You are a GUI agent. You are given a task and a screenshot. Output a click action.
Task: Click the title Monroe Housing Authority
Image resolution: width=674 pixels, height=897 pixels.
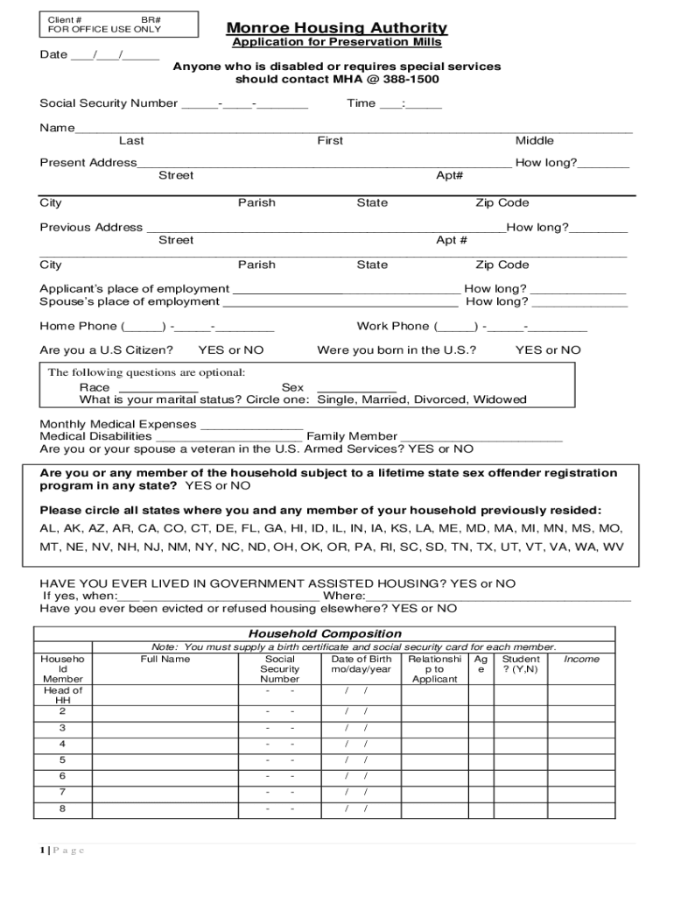click(337, 28)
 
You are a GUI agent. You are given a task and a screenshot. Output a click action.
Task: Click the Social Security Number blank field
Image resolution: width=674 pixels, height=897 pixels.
click(244, 105)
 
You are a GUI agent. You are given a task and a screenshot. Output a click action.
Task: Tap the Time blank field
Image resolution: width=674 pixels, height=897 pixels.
click(411, 105)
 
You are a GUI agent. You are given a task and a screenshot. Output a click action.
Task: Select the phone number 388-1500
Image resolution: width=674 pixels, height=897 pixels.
click(412, 80)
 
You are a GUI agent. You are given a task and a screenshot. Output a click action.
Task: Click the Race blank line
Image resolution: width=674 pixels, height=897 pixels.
click(158, 389)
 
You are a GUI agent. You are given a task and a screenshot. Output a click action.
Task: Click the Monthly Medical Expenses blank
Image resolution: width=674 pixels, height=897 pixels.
click(252, 426)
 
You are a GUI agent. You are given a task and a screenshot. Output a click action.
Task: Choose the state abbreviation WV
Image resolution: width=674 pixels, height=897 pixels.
click(611, 546)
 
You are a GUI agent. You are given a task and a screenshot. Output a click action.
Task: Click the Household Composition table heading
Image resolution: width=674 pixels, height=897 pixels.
click(326, 633)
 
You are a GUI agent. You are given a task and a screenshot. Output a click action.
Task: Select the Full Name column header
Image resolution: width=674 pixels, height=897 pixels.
click(165, 659)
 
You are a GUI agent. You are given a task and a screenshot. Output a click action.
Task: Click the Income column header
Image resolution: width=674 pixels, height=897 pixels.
click(582, 659)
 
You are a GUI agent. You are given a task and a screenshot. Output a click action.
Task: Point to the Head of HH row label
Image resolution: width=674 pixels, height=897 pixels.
click(63, 696)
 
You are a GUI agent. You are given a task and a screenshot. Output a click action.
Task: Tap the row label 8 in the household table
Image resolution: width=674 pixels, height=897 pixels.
click(62, 809)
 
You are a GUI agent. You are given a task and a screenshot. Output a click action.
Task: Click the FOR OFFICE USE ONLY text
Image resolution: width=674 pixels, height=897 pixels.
click(104, 30)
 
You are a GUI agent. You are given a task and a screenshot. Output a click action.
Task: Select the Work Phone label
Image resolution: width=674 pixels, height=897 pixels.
click(393, 326)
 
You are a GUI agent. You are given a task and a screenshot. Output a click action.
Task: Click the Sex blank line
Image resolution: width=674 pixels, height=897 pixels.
click(356, 389)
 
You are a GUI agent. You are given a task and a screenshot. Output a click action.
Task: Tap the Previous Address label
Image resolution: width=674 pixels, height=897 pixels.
click(91, 227)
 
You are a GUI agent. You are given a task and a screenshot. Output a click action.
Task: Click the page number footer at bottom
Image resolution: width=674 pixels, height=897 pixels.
click(61, 851)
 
